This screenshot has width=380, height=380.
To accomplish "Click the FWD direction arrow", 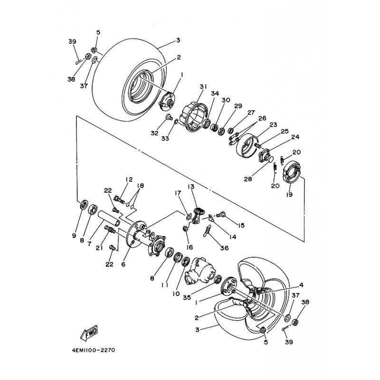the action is (89, 332).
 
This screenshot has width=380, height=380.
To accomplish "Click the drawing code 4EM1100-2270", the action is (93, 350).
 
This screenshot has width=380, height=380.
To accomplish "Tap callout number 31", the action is (203, 86).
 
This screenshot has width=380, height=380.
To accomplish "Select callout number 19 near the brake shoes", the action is (289, 194).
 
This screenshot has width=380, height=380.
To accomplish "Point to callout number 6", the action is (123, 264).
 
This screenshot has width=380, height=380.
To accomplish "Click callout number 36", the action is (225, 248).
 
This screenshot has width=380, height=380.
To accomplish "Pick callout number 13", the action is (191, 186).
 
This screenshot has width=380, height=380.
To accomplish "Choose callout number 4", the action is (301, 285).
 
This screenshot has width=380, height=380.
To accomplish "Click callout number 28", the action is (248, 179).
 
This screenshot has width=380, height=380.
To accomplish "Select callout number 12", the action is (129, 180).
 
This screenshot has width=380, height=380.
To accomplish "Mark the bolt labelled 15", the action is (221, 214).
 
